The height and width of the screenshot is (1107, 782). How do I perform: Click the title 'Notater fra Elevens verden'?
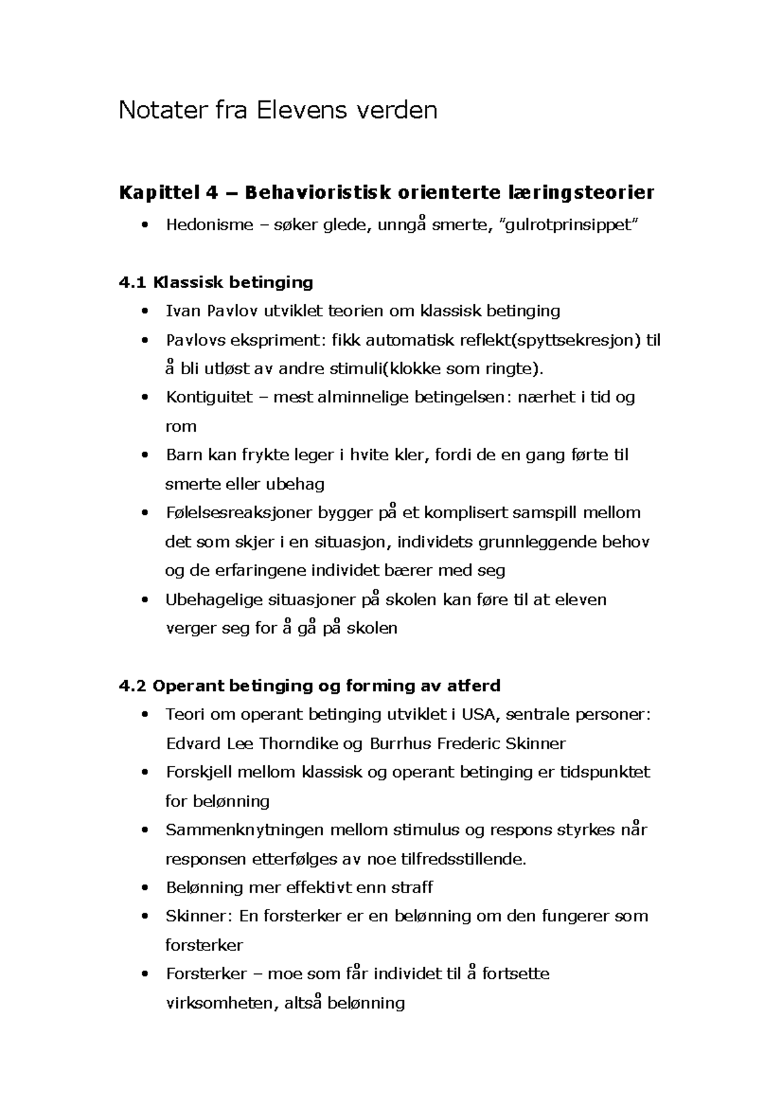pyautogui.click(x=277, y=111)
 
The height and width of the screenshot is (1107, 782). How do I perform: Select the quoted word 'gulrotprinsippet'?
pyautogui.click(x=566, y=226)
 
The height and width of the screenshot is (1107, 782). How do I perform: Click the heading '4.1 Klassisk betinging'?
pyautogui.click(x=216, y=282)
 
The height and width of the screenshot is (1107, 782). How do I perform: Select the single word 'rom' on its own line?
pyautogui.click(x=181, y=427)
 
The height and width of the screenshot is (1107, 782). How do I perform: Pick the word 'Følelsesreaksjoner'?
pyautogui.click(x=239, y=513)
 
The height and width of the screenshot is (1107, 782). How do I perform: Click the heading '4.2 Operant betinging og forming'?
pyautogui.click(x=310, y=686)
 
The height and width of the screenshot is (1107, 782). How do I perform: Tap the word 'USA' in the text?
pyautogui.click(x=480, y=715)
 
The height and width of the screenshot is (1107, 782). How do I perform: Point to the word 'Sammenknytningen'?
pyautogui.click(x=244, y=830)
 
